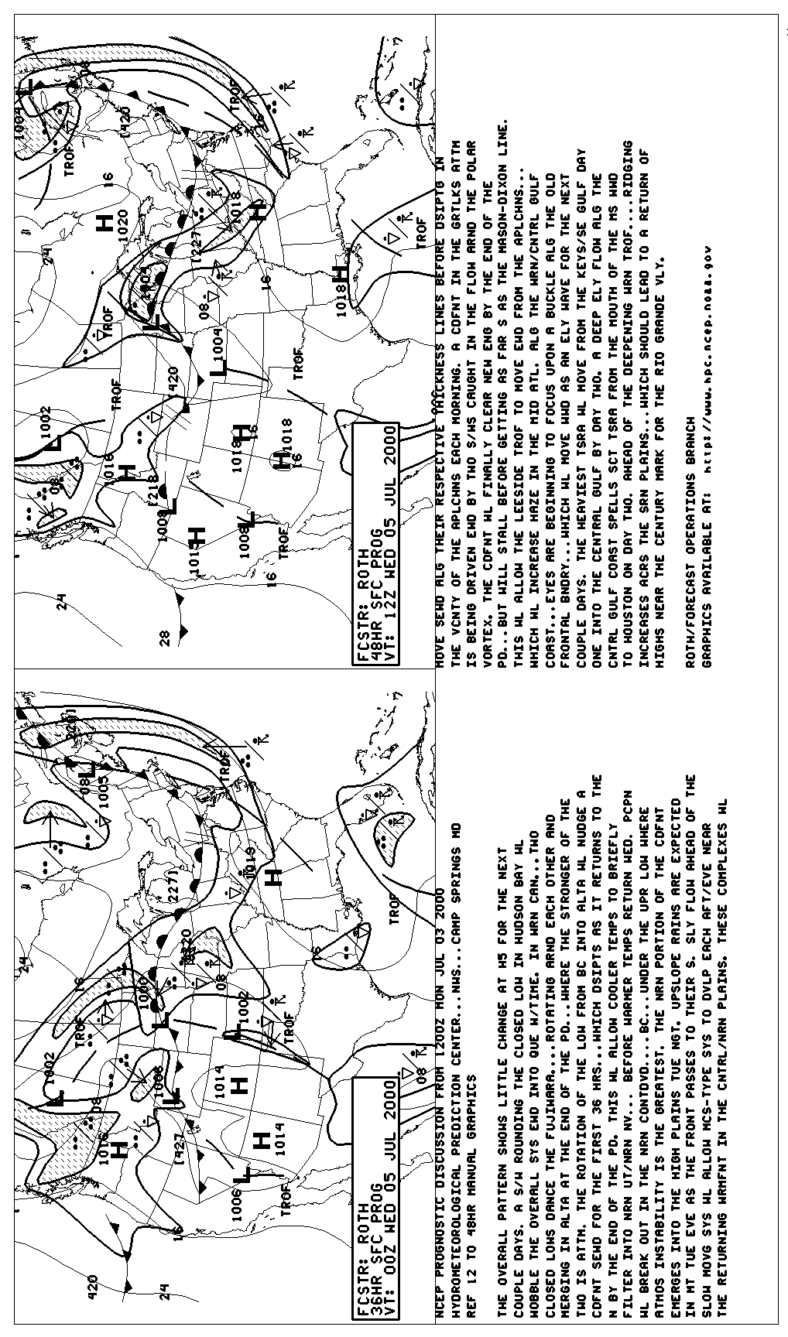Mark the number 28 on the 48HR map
coord(164,636)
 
